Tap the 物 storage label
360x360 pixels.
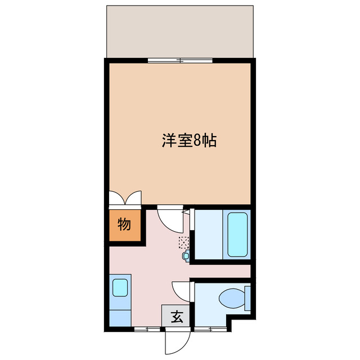124,224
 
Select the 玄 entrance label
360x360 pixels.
176,317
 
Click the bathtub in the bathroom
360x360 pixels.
237,234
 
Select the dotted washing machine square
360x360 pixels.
183,242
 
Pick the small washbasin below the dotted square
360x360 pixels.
187,256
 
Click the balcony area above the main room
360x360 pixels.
180,31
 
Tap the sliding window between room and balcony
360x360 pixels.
180,60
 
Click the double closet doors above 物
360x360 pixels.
124,199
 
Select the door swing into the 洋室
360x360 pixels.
170,218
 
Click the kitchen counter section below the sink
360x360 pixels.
120,313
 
